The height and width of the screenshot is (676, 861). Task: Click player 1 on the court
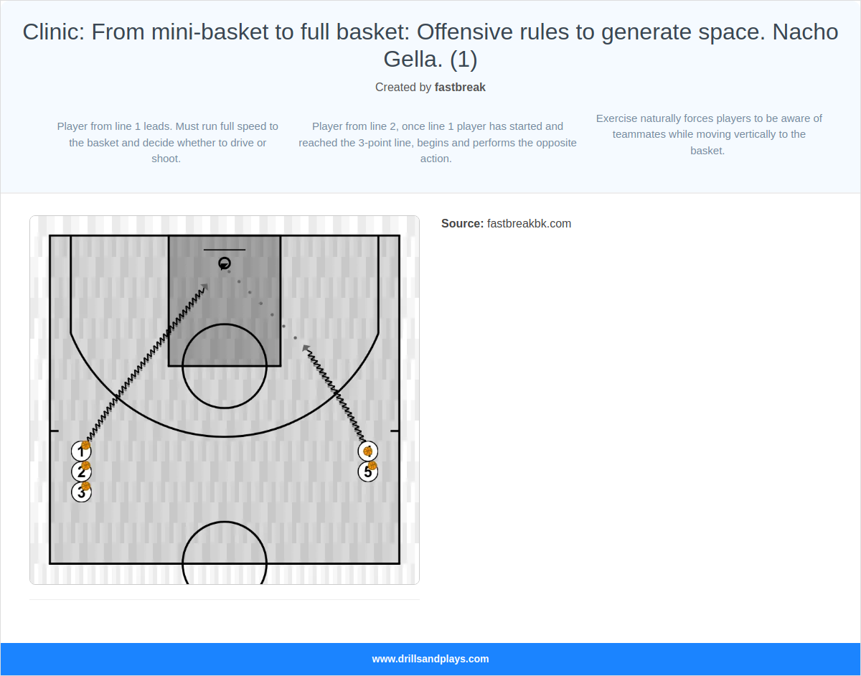coord(81,451)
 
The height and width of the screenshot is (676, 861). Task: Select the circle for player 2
coord(81,471)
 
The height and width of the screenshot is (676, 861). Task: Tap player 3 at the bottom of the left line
coord(81,492)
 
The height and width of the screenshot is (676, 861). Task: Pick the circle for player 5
coord(368,471)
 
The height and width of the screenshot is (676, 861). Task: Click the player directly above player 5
coord(368,451)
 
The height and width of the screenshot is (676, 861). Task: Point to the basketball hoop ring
coord(225,263)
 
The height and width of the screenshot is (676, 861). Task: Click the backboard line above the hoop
coord(225,250)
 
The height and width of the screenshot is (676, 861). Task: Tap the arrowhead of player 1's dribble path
coord(206,287)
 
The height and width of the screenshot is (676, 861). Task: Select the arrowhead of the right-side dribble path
coord(306,348)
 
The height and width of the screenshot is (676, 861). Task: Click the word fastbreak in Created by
coord(460,88)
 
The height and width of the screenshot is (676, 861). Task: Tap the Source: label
coord(462,224)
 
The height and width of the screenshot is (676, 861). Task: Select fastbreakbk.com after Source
coord(529,224)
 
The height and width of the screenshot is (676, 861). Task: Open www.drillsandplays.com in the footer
coord(430,659)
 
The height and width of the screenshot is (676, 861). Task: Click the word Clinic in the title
coord(53,32)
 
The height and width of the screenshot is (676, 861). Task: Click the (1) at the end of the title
coord(463,60)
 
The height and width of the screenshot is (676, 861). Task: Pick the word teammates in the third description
coord(639,134)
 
